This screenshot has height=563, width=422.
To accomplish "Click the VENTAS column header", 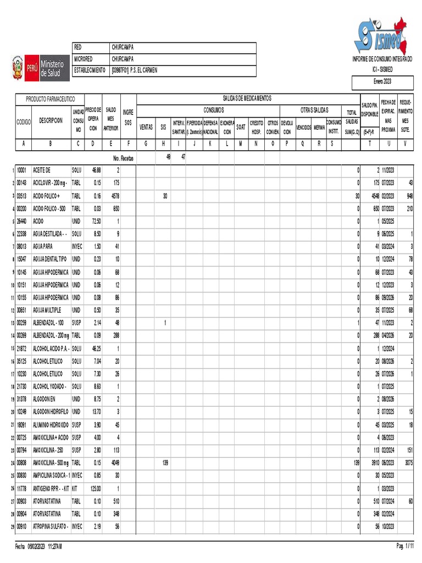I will (146, 126).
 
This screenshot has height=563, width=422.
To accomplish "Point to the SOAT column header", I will (241, 126).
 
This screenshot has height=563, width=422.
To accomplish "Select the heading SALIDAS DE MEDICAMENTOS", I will (247, 98).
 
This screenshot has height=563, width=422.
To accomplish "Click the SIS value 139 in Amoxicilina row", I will (164, 463).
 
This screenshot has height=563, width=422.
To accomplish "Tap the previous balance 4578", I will (113, 196).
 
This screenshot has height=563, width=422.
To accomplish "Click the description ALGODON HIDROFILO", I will (51, 411).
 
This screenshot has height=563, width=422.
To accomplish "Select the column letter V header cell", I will (406, 143).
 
